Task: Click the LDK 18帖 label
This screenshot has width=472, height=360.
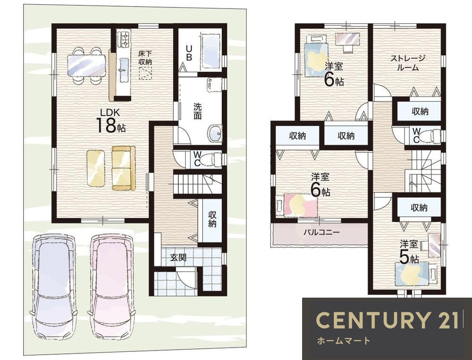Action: point(110,121)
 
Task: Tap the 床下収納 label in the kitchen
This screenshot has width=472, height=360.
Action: point(145,58)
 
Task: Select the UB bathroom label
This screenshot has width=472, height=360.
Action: point(189,53)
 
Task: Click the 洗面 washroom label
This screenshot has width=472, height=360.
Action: point(197,111)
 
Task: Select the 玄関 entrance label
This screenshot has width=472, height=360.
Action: point(178,257)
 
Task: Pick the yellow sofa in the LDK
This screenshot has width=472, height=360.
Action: point(123,168)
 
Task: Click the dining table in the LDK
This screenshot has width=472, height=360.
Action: point(87,66)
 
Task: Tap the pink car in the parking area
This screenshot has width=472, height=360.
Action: point(111,286)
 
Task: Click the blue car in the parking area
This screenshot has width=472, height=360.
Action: point(54,286)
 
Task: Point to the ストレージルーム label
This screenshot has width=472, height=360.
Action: point(408,63)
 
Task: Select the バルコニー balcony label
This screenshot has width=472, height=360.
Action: point(321,232)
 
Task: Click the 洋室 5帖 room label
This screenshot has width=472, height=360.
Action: point(409,252)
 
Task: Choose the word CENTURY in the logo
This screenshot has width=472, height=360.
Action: point(372,320)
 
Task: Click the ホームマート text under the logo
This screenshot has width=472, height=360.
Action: point(344,341)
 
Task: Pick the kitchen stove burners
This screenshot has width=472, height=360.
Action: point(124,39)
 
